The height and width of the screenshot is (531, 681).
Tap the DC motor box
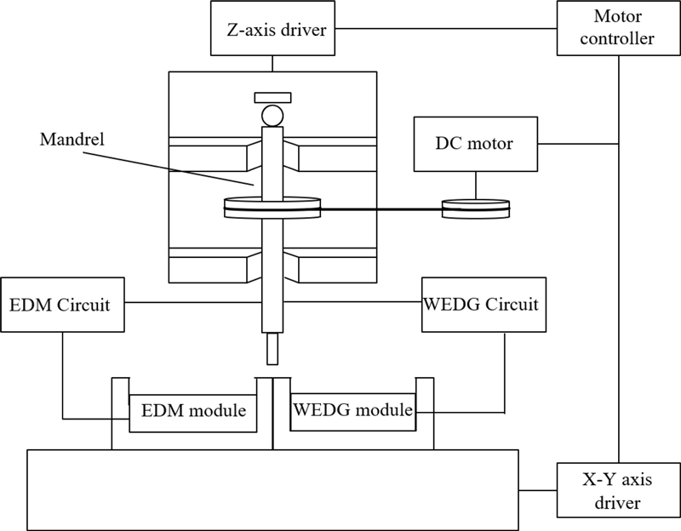tap(475, 143)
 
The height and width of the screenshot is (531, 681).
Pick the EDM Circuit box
tap(63, 304)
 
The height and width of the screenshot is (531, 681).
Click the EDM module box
tap(193, 412)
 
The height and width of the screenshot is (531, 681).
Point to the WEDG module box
tap(352, 410)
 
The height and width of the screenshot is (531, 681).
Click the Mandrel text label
tap(72, 140)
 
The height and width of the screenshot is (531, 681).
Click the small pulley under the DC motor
tap(475, 207)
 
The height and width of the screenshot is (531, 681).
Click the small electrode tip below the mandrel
tap(272, 348)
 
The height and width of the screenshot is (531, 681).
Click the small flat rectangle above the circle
tap(273, 95)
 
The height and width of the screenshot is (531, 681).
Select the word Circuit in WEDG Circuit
tap(510, 304)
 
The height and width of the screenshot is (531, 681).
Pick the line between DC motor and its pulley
tap(475, 184)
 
